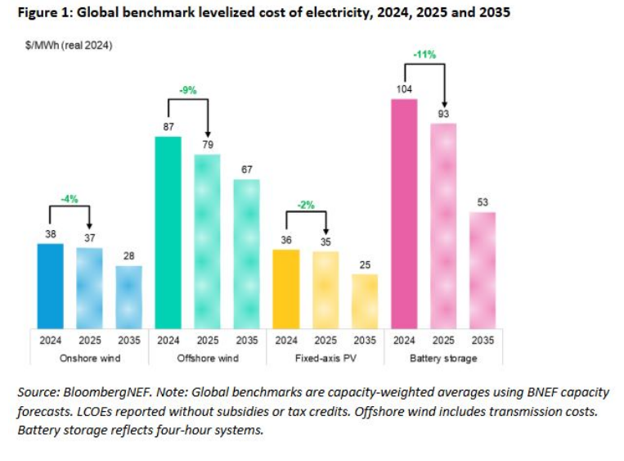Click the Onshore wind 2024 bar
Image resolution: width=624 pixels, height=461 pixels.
[x=49, y=285]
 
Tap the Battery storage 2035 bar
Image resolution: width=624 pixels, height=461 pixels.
[x=483, y=269]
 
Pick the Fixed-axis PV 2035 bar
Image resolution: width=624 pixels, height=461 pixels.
[x=365, y=300]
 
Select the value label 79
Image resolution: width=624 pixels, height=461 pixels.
[x=207, y=145]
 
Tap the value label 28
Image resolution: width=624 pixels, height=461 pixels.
[x=128, y=256]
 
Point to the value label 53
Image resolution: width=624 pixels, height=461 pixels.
[x=483, y=203]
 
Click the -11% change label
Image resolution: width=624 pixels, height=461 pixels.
[x=424, y=54]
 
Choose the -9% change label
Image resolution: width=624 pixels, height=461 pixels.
[x=187, y=91]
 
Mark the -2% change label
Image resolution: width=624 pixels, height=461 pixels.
[x=305, y=205]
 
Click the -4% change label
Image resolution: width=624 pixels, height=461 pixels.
[x=70, y=198]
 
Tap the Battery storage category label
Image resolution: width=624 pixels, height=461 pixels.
[x=443, y=358]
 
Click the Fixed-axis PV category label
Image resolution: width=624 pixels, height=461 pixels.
[x=325, y=358]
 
